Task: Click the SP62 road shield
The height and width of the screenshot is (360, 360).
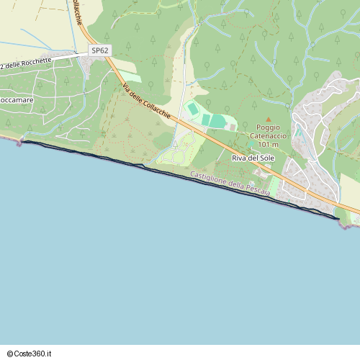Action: (101, 50)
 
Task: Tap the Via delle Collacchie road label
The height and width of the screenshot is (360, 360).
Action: (147, 100)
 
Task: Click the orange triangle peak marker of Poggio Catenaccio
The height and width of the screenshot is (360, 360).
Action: (269, 120)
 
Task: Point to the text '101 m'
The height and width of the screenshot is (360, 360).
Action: (268, 143)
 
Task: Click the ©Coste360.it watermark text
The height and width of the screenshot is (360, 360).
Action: (34, 354)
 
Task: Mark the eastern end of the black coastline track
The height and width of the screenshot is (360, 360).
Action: (338, 217)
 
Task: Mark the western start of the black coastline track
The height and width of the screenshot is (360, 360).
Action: (22, 142)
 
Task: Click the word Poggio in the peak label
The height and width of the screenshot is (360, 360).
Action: (268, 127)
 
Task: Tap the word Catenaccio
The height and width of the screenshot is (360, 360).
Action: (268, 135)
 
